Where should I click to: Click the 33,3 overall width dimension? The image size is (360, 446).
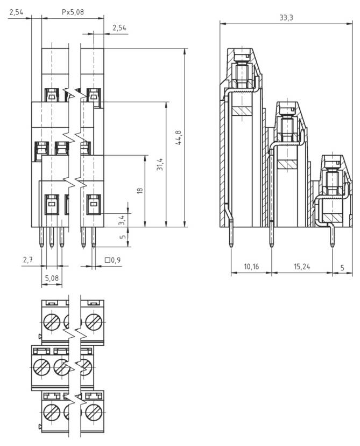(286, 18)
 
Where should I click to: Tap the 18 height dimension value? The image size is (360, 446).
(139, 191)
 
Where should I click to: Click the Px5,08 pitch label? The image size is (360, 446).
(73, 11)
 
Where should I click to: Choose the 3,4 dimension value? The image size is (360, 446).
(122, 220)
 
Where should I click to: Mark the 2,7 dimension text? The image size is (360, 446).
(28, 260)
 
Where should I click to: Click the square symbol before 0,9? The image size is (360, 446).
(108, 260)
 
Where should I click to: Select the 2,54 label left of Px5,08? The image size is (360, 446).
(16, 11)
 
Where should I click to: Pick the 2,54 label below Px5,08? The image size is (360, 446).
(119, 28)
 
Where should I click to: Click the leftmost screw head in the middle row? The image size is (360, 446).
(41, 368)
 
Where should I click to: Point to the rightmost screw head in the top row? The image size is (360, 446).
(94, 322)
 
